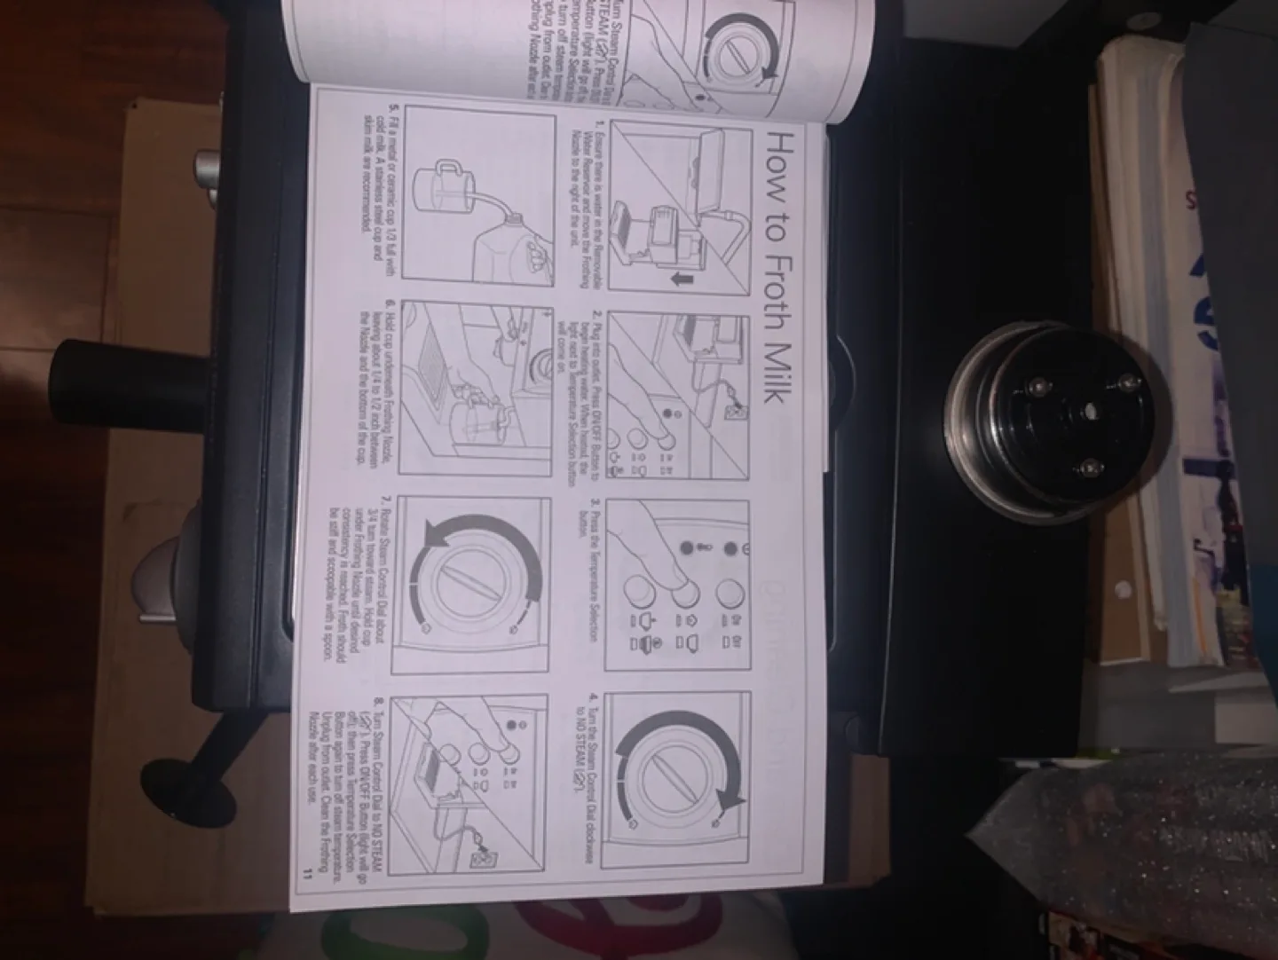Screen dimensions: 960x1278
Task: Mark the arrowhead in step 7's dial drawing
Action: (x=435, y=538)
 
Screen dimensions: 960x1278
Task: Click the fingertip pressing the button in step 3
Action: (x=684, y=581)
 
